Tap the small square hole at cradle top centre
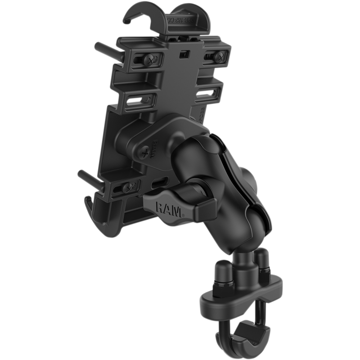tap(184, 55)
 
